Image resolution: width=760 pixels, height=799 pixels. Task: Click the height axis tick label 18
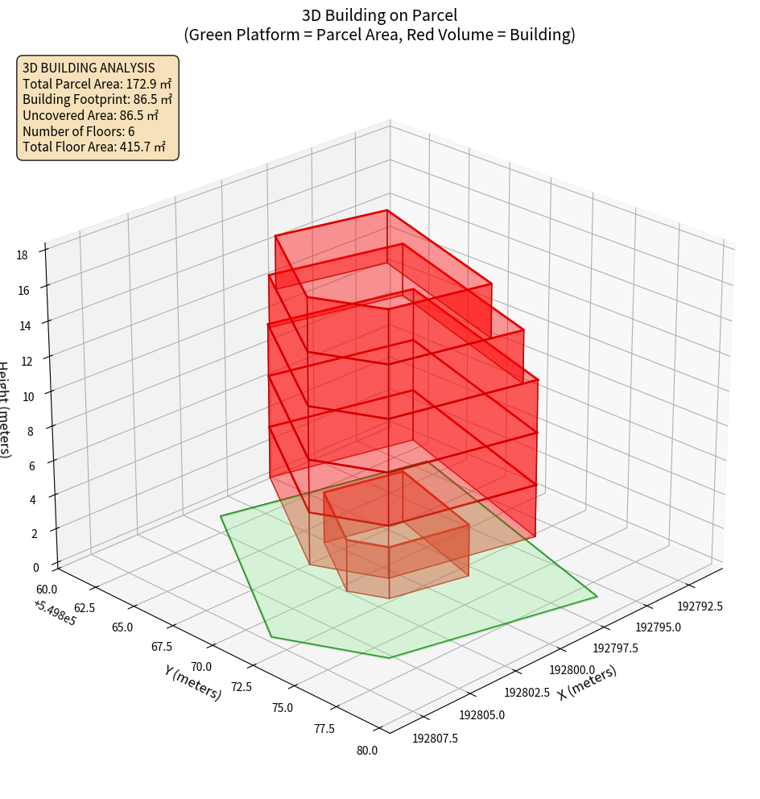point(22,255)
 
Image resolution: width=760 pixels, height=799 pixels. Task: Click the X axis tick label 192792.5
point(700,606)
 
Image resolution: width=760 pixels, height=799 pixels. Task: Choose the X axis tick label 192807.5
point(436,737)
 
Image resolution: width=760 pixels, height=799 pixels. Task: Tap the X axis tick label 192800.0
point(572,670)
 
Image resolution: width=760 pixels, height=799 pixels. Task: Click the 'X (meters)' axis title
point(587,682)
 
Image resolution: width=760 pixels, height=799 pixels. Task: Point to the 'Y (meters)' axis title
point(193,681)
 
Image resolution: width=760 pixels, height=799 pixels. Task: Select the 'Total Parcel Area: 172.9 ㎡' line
point(97,84)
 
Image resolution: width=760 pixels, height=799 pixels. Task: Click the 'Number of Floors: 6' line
point(79,131)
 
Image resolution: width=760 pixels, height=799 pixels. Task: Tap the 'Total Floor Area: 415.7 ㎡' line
point(94,147)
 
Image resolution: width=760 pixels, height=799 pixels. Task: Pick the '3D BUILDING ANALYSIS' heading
point(89,68)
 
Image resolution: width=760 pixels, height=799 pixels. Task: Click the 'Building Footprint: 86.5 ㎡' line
point(97,100)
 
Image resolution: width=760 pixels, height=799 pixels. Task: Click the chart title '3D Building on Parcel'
point(379,14)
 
